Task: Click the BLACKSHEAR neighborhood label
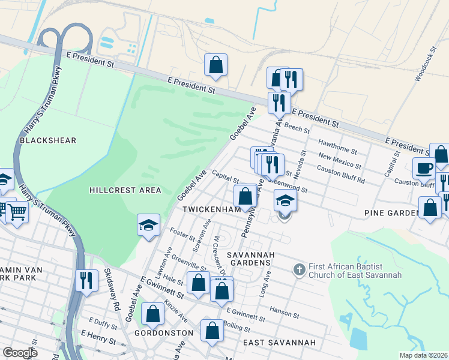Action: click(x=48, y=140)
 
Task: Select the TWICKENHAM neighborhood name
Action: click(x=212, y=209)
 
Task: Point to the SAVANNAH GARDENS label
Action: click(x=251, y=259)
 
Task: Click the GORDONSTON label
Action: click(x=163, y=332)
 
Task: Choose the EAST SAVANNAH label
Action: click(x=279, y=342)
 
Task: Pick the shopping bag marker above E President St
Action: click(x=215, y=65)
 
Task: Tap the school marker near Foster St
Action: click(x=148, y=225)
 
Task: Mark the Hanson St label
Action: click(x=284, y=312)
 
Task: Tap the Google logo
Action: click(x=20, y=353)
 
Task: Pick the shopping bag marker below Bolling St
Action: click(x=212, y=331)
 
